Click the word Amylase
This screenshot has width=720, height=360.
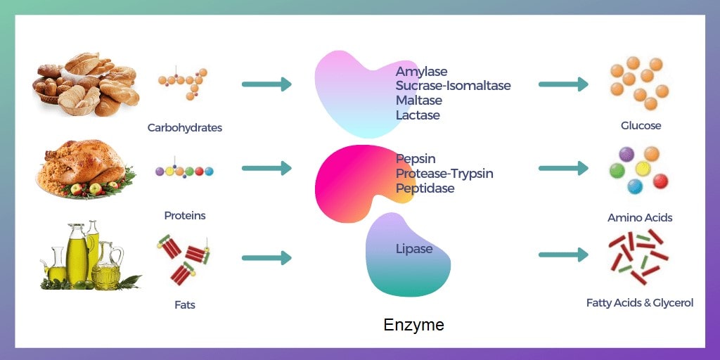click(x=421, y=72)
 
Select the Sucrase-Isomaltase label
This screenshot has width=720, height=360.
click(x=453, y=86)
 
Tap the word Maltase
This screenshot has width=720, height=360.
click(x=420, y=101)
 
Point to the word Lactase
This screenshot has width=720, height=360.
click(x=418, y=115)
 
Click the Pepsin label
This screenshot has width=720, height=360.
click(x=416, y=160)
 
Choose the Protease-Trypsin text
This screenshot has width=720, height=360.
click(x=444, y=174)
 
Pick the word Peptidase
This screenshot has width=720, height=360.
click(x=425, y=188)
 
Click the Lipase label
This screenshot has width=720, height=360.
click(x=414, y=249)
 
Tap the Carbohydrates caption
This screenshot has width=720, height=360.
click(x=185, y=128)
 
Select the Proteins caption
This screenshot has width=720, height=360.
click(x=185, y=216)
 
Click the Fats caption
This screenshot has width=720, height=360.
click(x=185, y=305)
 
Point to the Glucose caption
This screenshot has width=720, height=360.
click(x=641, y=126)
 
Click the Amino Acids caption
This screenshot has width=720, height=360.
click(x=640, y=218)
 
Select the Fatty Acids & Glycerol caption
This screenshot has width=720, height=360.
click(x=640, y=303)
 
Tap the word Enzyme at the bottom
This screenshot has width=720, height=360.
click(x=413, y=326)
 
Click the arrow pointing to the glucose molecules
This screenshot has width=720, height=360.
click(x=563, y=84)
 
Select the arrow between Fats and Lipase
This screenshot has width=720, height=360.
click(x=266, y=258)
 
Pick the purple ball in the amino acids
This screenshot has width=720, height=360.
click(x=626, y=154)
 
